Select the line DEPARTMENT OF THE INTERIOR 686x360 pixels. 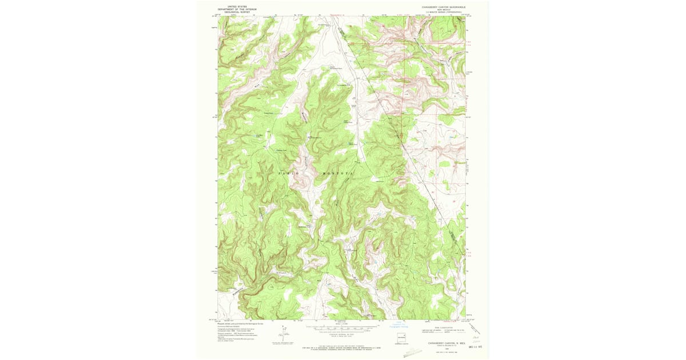[x=237, y=10]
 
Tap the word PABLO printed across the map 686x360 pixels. [x=289, y=172]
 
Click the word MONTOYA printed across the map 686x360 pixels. [x=338, y=172]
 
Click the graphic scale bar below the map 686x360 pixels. [x=342, y=329]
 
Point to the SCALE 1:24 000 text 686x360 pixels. [x=342, y=325]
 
